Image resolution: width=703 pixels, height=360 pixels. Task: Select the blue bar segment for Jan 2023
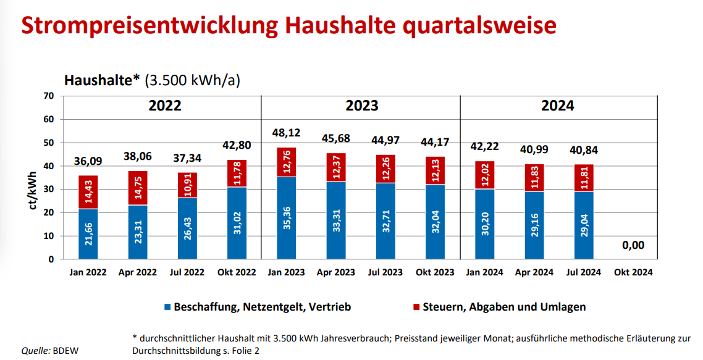pyautogui.click(x=287, y=218)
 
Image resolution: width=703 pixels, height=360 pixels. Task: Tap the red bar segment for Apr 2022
pyautogui.click(x=138, y=188)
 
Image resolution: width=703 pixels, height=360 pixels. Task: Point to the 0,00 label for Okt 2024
pyautogui.click(x=633, y=245)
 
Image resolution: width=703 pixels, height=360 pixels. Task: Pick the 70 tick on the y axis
pyautogui.click(x=49, y=96)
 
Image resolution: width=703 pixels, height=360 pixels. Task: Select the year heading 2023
pyautogui.click(x=361, y=106)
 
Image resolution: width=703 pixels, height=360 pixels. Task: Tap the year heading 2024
pyautogui.click(x=557, y=106)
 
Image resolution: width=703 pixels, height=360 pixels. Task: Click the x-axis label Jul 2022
pyautogui.click(x=187, y=272)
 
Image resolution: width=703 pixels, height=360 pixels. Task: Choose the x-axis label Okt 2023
pyautogui.click(x=435, y=272)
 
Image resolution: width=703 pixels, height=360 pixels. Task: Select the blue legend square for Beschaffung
pyautogui.click(x=167, y=307)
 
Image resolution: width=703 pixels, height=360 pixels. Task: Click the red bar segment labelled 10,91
pyautogui.click(x=187, y=185)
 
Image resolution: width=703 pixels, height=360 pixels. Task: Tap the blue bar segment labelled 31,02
pyautogui.click(x=237, y=223)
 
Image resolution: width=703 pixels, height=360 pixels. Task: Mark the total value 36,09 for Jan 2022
pyautogui.click(x=88, y=162)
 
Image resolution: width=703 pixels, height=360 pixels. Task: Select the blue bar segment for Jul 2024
pyautogui.click(x=584, y=225)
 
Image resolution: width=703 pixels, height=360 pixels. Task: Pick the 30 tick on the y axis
pyautogui.click(x=49, y=190)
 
